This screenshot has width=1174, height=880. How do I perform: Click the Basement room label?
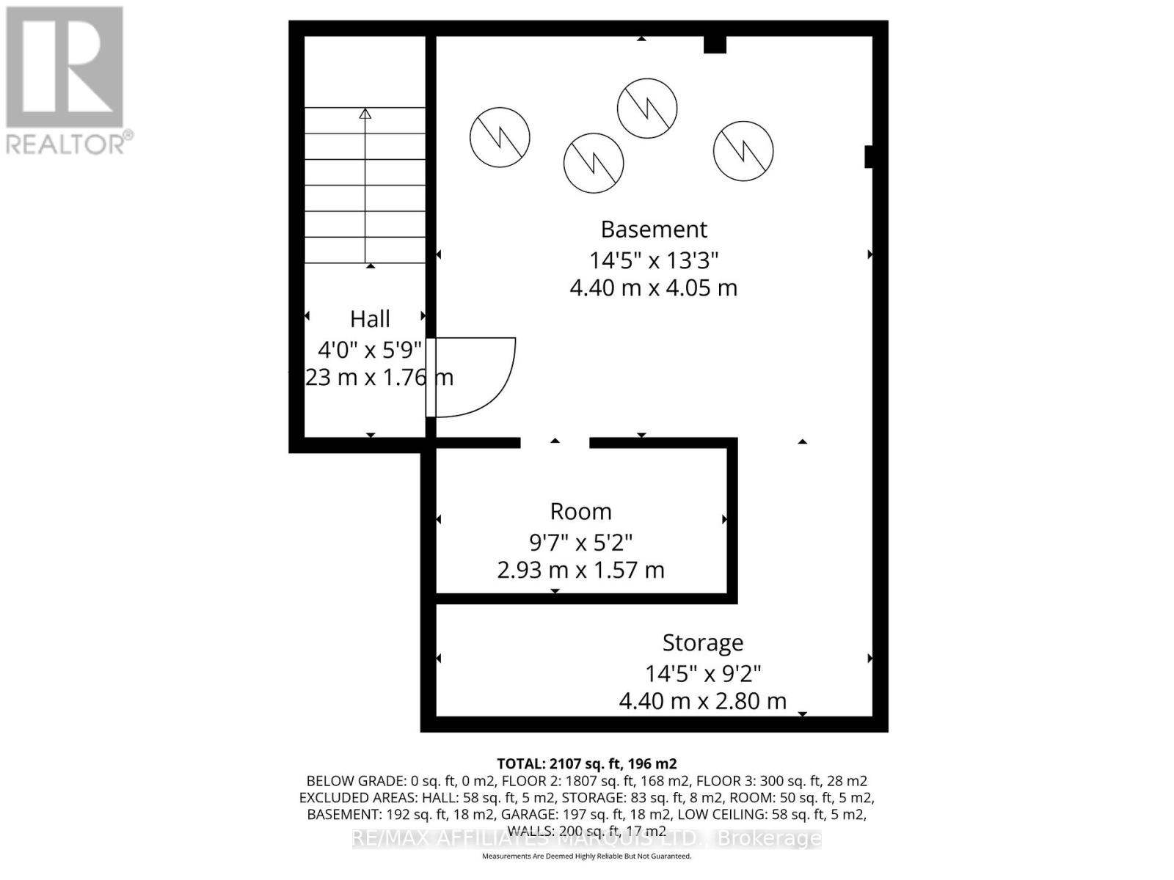pyautogui.click(x=654, y=230)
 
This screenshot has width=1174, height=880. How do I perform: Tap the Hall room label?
pyautogui.click(x=370, y=319)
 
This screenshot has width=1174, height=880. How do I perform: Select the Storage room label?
pyautogui.click(x=703, y=643)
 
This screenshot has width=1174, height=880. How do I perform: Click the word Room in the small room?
pyautogui.click(x=580, y=512)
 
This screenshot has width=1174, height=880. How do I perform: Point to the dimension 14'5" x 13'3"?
pyautogui.click(x=654, y=260)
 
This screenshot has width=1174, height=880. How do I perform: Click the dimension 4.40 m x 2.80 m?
pyautogui.click(x=703, y=701)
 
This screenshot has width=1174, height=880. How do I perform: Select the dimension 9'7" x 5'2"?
pyautogui.click(x=580, y=543)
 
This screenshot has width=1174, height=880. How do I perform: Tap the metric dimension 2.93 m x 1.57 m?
pyautogui.click(x=580, y=570)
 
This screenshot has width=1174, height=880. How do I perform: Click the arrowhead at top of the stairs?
pyautogui.click(x=365, y=113)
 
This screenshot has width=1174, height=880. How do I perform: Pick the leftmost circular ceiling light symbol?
pyautogui.click(x=500, y=137)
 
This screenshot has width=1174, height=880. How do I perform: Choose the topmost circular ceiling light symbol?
pyautogui.click(x=646, y=108)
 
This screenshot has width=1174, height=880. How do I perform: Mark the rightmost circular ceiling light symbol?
pyautogui.click(x=743, y=151)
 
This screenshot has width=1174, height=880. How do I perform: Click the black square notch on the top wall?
pyautogui.click(x=715, y=45)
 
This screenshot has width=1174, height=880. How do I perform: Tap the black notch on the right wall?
pyautogui.click(x=869, y=157)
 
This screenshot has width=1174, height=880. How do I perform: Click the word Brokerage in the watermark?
pyautogui.click(x=768, y=838)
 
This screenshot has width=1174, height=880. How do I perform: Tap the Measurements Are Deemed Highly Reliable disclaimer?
pyautogui.click(x=586, y=856)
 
